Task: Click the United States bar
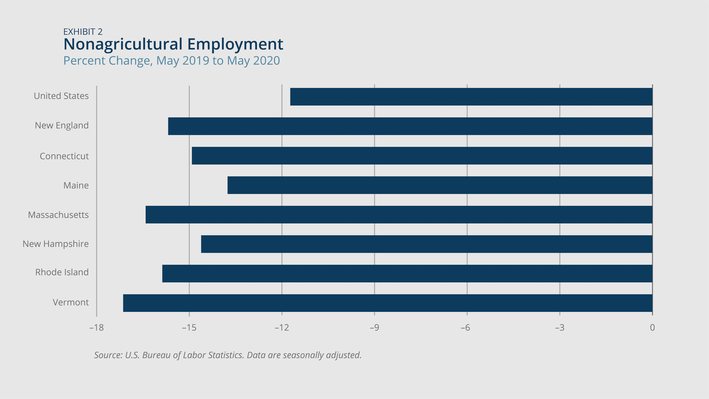[x=471, y=97]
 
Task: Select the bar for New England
[x=410, y=126]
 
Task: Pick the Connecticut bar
[x=422, y=156]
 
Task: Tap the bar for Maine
[x=439, y=185]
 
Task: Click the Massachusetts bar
[x=399, y=215]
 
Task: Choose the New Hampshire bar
[x=427, y=244]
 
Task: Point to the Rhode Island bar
[x=407, y=273]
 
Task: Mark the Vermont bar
[x=388, y=303]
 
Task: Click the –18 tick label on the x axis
[x=96, y=328]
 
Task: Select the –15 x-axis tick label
[x=189, y=328]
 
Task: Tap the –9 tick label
[x=374, y=328]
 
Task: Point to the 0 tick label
[x=652, y=328]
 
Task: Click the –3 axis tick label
[x=559, y=328]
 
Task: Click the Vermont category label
[x=71, y=302]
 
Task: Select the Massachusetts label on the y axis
[x=58, y=215]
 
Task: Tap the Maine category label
[x=76, y=185]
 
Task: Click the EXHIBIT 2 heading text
[x=83, y=32]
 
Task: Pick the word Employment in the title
[x=235, y=44]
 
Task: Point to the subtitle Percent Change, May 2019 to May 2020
[x=171, y=61]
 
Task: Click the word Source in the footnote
[x=107, y=355]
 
